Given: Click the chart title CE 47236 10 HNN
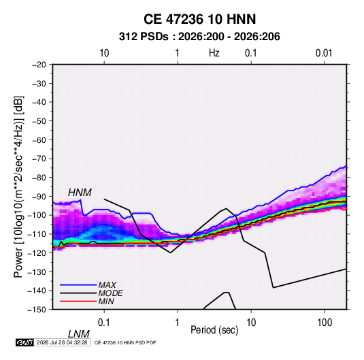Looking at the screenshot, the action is click(x=199, y=19).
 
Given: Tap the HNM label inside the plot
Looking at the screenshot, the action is click(x=80, y=193).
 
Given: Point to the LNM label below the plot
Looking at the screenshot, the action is click(x=79, y=334).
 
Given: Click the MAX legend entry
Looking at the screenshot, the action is click(x=107, y=284).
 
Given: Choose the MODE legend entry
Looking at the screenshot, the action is click(x=110, y=293).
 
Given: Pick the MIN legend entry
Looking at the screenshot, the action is click(x=106, y=301).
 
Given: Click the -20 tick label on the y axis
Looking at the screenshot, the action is click(x=39, y=65).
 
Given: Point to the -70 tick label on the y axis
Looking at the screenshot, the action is click(x=39, y=159).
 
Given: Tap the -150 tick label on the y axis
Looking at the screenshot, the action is click(x=37, y=310).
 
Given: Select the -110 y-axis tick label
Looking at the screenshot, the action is click(x=37, y=234).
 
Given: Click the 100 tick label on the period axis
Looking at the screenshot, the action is click(x=325, y=323).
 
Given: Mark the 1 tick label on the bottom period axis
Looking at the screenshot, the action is click(x=178, y=323).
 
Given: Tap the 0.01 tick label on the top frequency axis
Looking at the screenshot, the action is click(x=324, y=53).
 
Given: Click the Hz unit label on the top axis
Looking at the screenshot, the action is click(x=214, y=53).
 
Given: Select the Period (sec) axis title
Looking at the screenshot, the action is click(x=214, y=330).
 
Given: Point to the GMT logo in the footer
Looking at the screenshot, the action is click(x=25, y=342).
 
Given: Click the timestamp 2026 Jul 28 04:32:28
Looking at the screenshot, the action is click(x=62, y=342).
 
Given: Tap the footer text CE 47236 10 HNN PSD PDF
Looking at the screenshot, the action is click(x=125, y=342).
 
